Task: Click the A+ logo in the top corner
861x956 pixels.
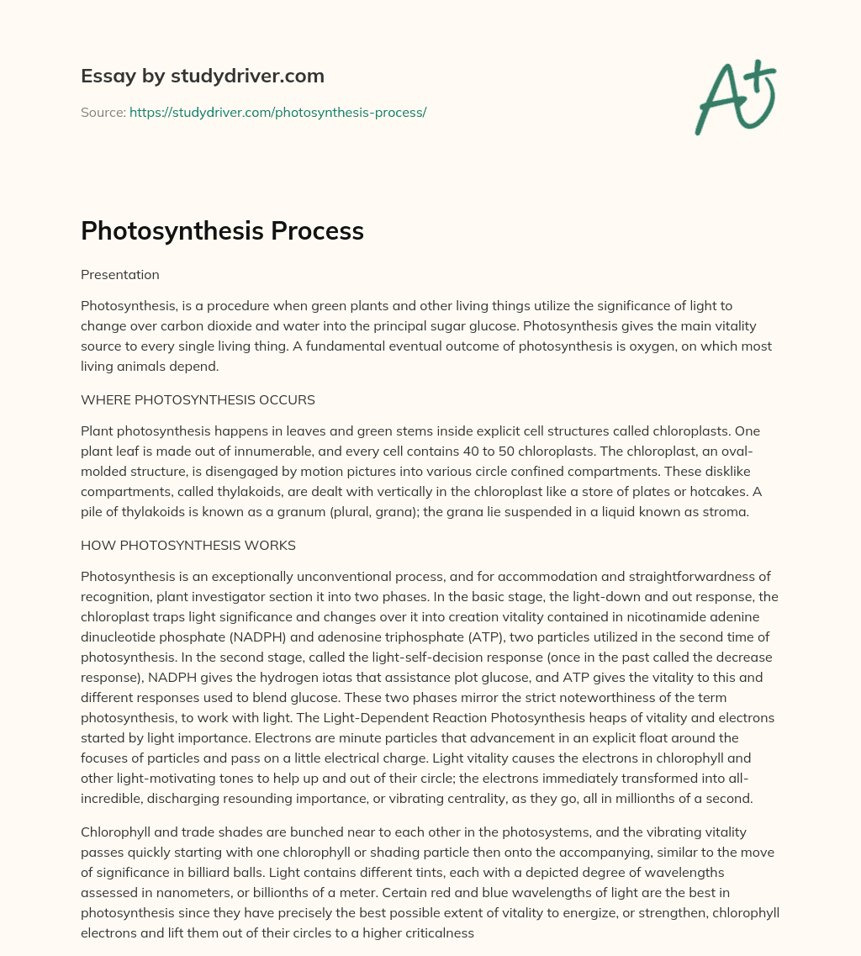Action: click(735, 98)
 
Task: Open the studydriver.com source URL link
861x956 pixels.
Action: click(277, 112)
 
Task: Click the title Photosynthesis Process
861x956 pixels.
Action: click(222, 231)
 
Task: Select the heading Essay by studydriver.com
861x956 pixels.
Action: click(202, 76)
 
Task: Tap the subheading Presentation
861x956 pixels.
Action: click(119, 274)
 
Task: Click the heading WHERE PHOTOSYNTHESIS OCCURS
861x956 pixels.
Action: click(198, 399)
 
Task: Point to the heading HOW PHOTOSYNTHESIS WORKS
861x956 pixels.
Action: click(188, 545)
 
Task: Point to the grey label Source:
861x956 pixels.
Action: click(103, 112)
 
